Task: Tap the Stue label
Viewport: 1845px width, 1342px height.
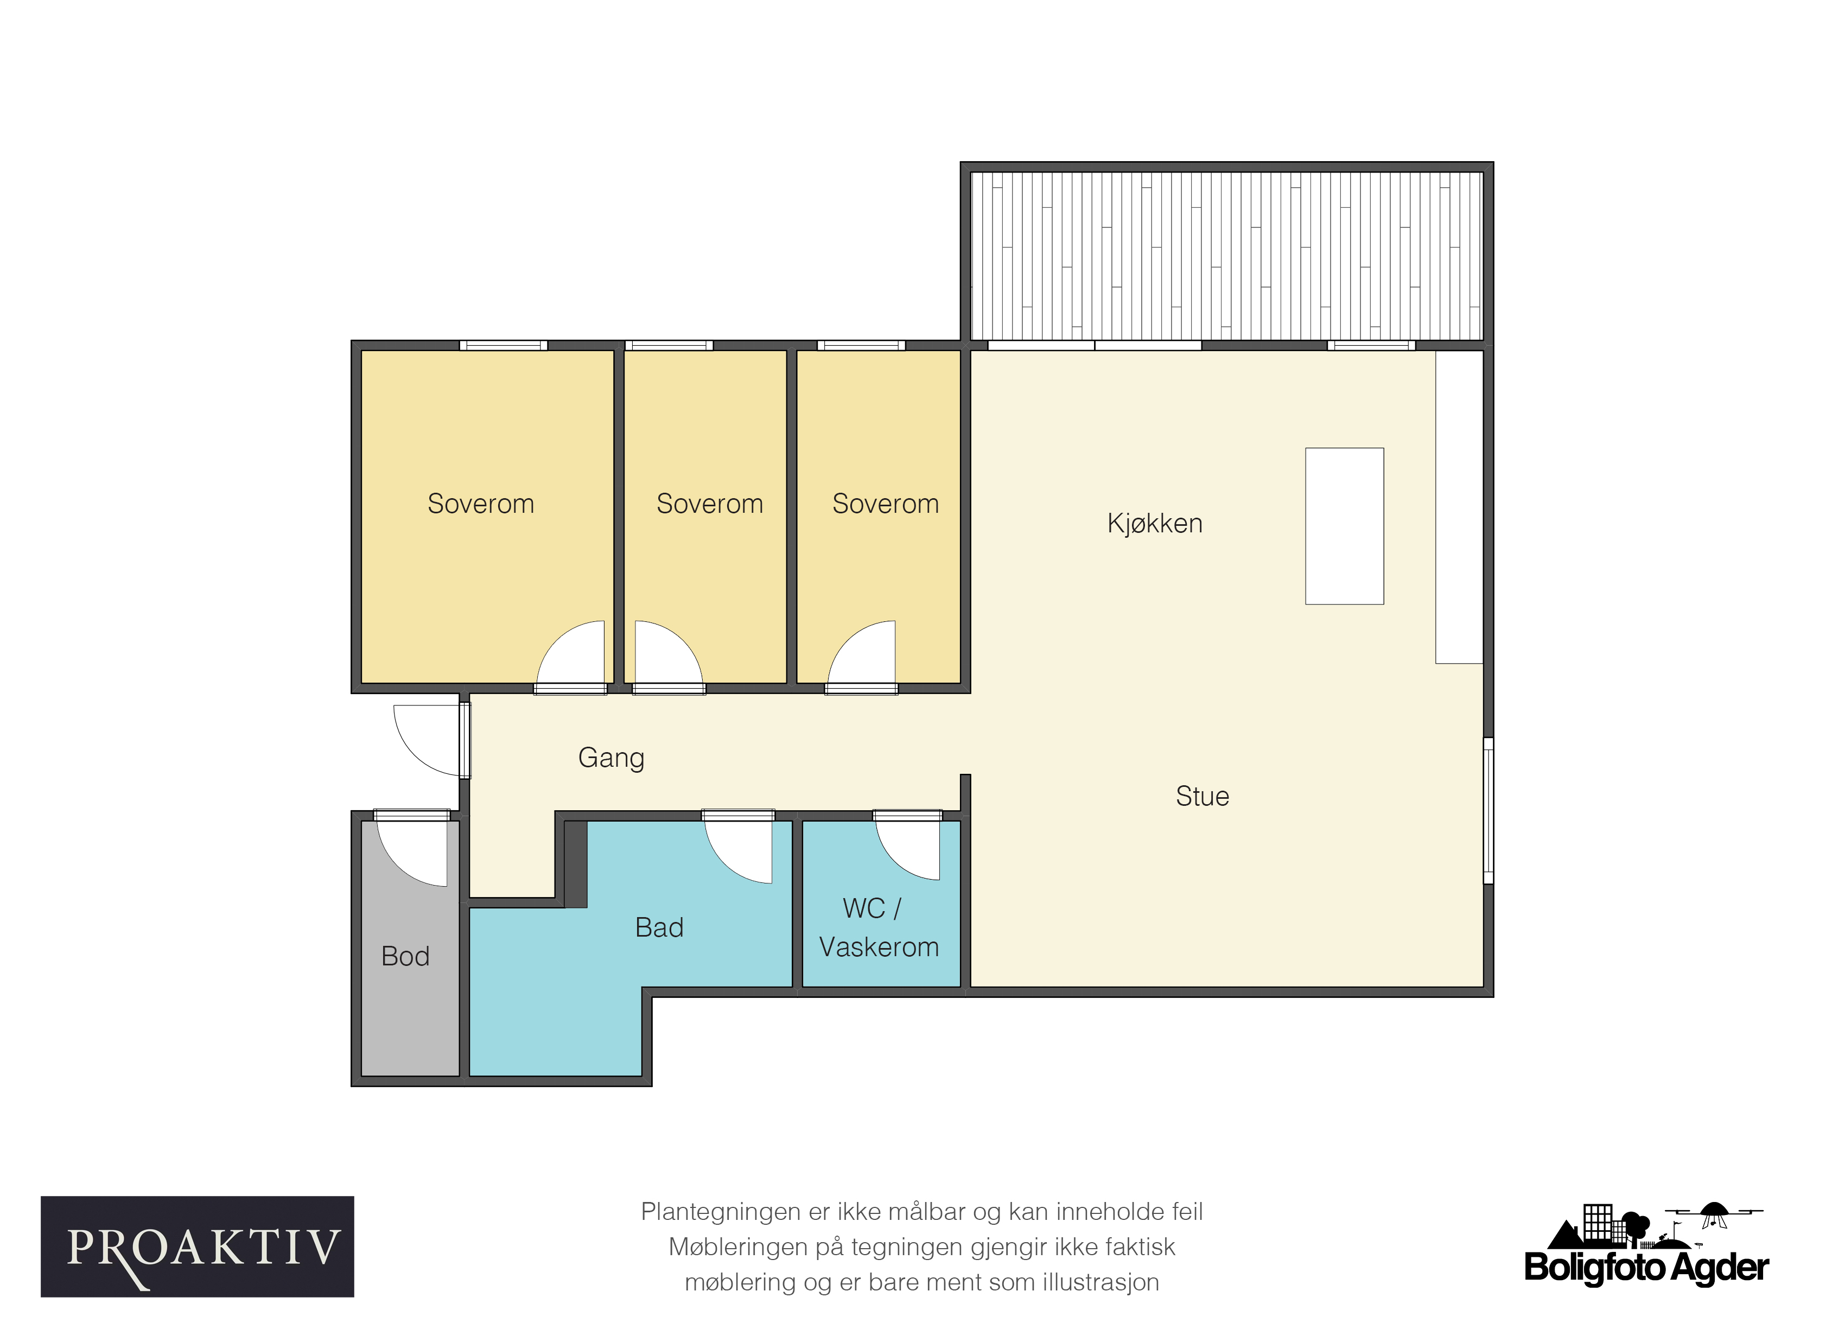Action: (x=1203, y=796)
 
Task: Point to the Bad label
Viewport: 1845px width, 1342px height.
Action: (x=659, y=927)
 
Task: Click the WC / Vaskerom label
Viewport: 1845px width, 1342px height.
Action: (x=879, y=928)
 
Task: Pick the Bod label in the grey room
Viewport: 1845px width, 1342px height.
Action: (x=405, y=956)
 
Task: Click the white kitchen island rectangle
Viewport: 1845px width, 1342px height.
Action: (x=1345, y=526)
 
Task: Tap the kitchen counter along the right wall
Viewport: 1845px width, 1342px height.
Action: (x=1459, y=507)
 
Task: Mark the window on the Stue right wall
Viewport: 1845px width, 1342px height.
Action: (x=1488, y=810)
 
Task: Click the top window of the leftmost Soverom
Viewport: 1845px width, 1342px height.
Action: (x=504, y=346)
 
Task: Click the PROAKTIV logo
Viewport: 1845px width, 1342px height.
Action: (x=198, y=1247)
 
